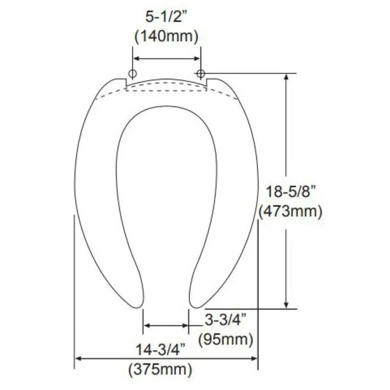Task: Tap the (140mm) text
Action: coord(166,36)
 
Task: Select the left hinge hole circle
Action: coord(133,72)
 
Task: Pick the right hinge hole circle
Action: coord(201,73)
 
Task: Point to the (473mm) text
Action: coord(290,211)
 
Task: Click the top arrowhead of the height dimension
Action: coord(286,77)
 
